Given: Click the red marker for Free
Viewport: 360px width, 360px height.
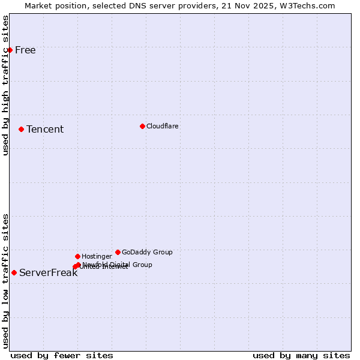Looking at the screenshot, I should [10, 50].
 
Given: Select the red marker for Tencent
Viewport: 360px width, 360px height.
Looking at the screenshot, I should [21, 129].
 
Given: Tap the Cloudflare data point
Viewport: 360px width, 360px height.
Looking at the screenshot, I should [142, 126].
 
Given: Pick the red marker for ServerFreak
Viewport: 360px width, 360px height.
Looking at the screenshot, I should [14, 272].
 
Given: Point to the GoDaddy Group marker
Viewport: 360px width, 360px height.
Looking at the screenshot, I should [118, 252].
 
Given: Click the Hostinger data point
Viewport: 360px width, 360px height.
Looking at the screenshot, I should [77, 256].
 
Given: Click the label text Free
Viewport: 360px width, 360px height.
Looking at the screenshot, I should [25, 50].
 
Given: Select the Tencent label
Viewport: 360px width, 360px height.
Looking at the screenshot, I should [45, 129].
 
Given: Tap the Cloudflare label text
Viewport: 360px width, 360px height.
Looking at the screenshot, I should [163, 126].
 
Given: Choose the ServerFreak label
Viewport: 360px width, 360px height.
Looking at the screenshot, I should [48, 272].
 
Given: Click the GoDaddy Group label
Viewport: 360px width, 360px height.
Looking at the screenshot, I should [147, 252].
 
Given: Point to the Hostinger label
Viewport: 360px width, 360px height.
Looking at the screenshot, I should [97, 256].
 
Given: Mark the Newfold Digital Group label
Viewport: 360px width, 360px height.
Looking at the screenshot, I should [117, 264].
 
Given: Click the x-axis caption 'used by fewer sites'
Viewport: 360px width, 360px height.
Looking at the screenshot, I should [62, 355].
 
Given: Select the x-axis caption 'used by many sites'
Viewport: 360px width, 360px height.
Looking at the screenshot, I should [301, 355].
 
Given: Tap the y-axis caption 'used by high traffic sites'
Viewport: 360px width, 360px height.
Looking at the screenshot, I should [5, 85].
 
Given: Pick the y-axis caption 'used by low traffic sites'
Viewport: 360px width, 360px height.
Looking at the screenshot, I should [5, 281].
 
